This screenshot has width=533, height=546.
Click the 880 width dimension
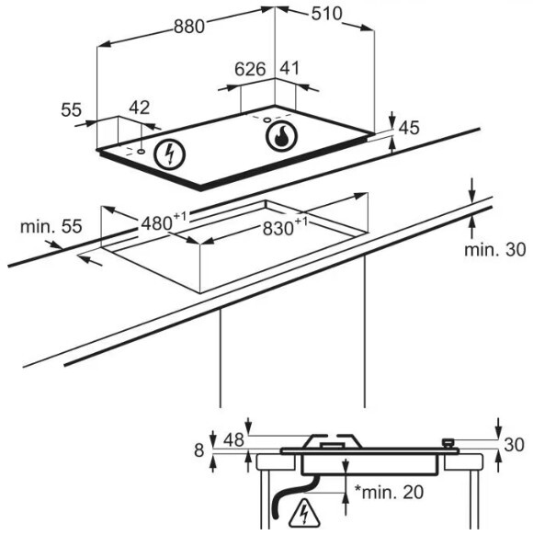[x=189, y=27]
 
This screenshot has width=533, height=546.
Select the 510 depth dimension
[x=326, y=14]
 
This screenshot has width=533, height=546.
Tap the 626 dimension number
[x=250, y=69]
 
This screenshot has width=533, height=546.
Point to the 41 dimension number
[x=289, y=68]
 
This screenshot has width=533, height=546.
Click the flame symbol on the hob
[x=281, y=135]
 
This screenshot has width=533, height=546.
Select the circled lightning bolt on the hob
[x=170, y=154]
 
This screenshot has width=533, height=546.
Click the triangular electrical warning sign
[x=304, y=513]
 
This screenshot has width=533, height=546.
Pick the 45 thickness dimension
[x=409, y=128]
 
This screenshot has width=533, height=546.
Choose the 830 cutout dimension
[x=285, y=227]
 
